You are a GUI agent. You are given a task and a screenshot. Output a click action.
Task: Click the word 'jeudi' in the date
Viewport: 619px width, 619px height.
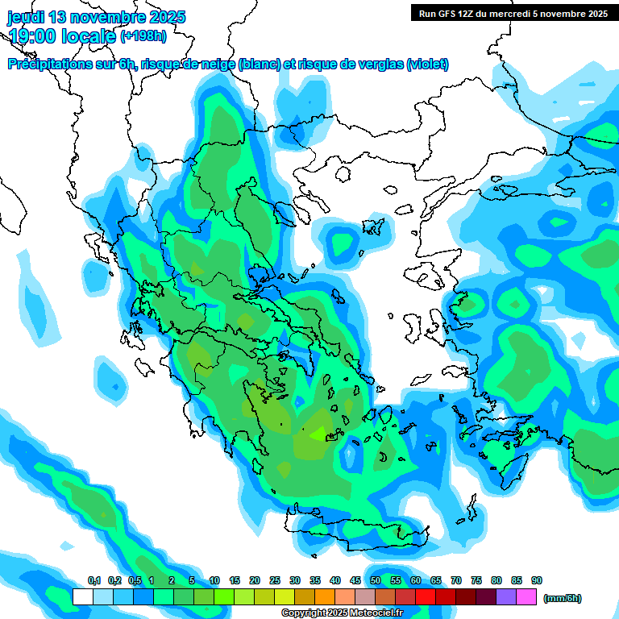point(27,17)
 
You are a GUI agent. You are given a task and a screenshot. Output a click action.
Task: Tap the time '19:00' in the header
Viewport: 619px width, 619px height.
point(36,36)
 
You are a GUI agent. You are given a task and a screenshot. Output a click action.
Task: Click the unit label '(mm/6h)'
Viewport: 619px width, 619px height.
point(562,598)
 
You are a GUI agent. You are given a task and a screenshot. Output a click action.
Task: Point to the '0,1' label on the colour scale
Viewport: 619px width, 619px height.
point(93,580)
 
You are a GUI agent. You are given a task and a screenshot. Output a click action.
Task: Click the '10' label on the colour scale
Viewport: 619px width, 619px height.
point(214,580)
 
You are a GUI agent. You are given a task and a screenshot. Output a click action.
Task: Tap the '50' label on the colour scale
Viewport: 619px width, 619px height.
point(376,580)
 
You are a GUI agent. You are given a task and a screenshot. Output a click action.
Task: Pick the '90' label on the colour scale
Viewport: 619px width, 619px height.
point(537,580)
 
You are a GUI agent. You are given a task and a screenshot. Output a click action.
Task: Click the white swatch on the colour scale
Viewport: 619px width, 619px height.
point(82,597)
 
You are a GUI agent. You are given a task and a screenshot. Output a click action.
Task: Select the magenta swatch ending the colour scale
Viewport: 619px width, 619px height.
point(526,597)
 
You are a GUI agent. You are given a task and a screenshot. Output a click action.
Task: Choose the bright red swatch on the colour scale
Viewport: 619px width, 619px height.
point(426,597)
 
